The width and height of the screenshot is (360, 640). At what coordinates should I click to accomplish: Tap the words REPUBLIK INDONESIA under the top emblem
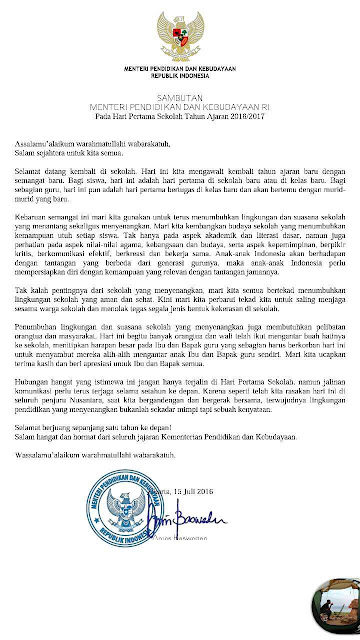[181, 74]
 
